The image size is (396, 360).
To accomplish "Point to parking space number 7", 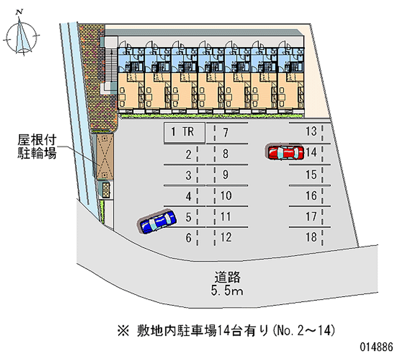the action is (225, 132).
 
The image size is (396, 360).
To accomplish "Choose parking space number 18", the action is (311, 237).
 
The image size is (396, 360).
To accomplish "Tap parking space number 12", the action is (226, 237).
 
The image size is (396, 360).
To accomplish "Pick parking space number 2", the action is (189, 154).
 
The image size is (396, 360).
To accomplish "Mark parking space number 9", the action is (225, 174).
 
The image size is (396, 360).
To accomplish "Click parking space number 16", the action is (311, 196).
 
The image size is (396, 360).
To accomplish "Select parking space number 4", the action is (189, 196).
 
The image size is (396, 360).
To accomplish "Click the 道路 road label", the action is (228, 277).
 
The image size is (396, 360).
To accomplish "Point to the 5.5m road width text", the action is (228, 291).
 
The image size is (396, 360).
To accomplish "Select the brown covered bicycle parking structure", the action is (104, 157).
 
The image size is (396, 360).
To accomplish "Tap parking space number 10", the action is (225, 196).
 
